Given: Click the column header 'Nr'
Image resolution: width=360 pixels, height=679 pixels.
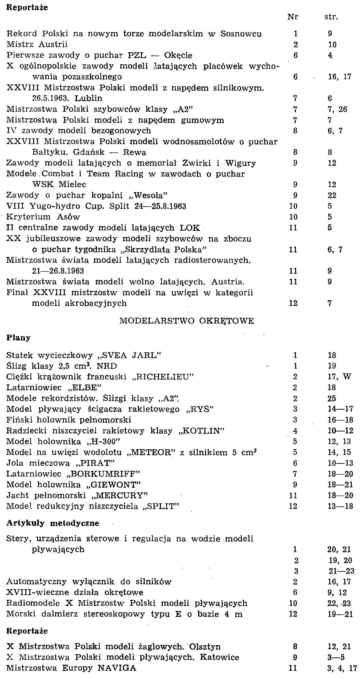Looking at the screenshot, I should [292, 17].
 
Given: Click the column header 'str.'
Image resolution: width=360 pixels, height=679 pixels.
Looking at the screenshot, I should [331, 17].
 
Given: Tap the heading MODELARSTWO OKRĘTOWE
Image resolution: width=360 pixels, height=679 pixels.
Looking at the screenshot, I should [187, 321].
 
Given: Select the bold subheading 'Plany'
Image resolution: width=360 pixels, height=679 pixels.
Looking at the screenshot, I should [18, 338].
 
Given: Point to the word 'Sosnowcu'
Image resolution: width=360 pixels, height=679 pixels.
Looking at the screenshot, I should [241, 34].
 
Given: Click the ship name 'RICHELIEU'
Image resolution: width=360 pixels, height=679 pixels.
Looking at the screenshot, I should [163, 377].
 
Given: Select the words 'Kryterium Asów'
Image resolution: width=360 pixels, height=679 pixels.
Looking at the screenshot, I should [43, 217].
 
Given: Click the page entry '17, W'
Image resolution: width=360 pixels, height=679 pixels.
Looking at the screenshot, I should [339, 377].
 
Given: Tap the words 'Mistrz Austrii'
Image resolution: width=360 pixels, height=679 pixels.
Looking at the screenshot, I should [37, 44].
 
